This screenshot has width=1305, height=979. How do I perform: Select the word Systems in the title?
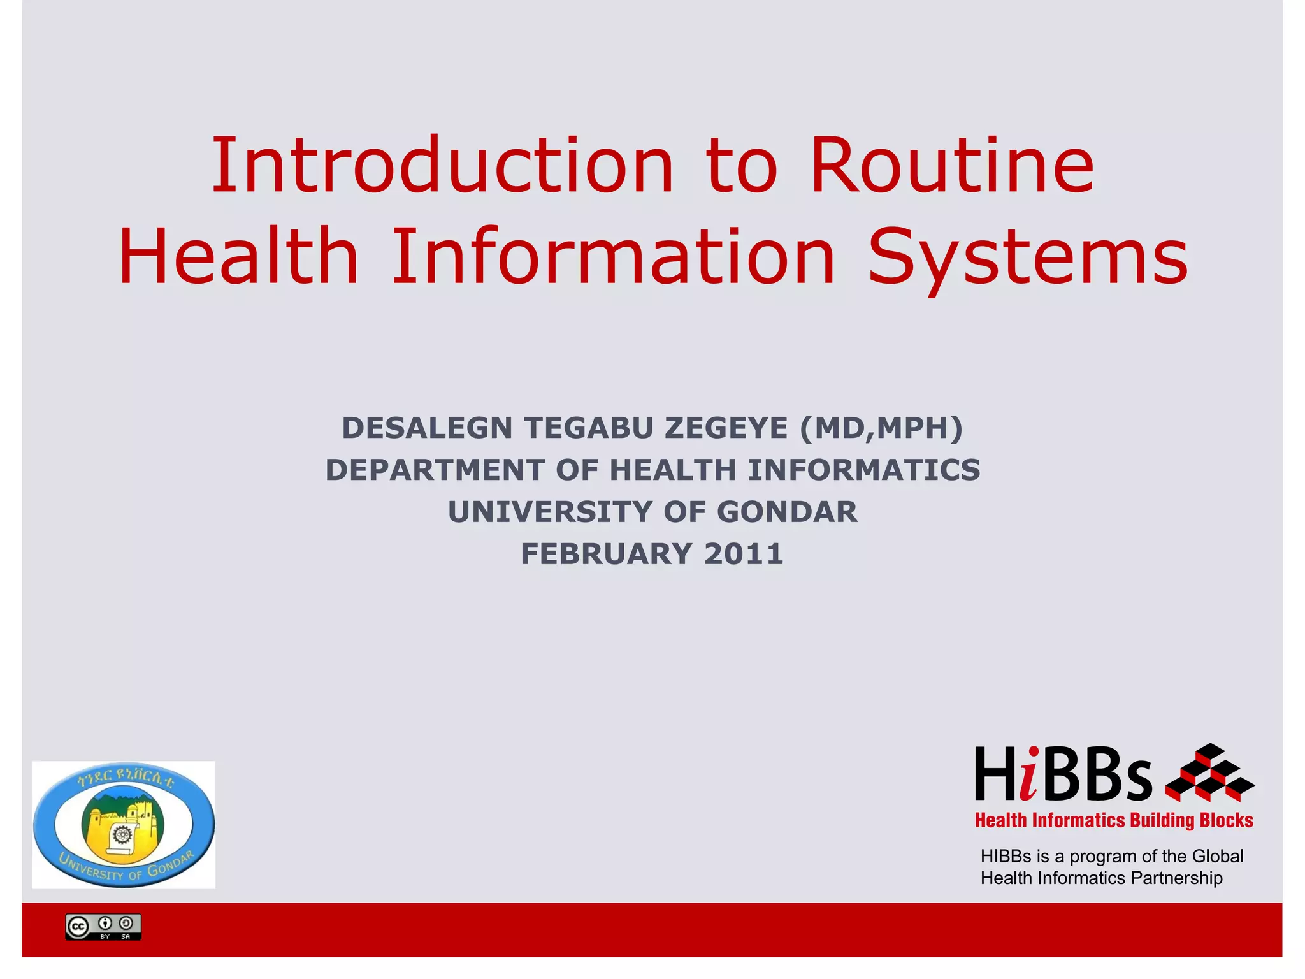pyautogui.click(x=1028, y=257)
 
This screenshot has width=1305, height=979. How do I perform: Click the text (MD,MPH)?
pyautogui.click(x=881, y=428)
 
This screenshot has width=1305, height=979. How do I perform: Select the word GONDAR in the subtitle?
pyautogui.click(x=787, y=512)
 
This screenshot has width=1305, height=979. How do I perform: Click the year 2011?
pyautogui.click(x=744, y=554)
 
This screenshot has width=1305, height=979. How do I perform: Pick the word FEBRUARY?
pyautogui.click(x=606, y=554)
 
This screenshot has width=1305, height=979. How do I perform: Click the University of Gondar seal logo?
pyautogui.click(x=124, y=825)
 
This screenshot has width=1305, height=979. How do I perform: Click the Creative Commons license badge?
pyautogui.click(x=103, y=927)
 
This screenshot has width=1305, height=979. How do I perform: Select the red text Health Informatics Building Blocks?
pyautogui.click(x=1114, y=820)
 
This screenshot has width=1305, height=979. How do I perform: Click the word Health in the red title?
pyautogui.click(x=238, y=256)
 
